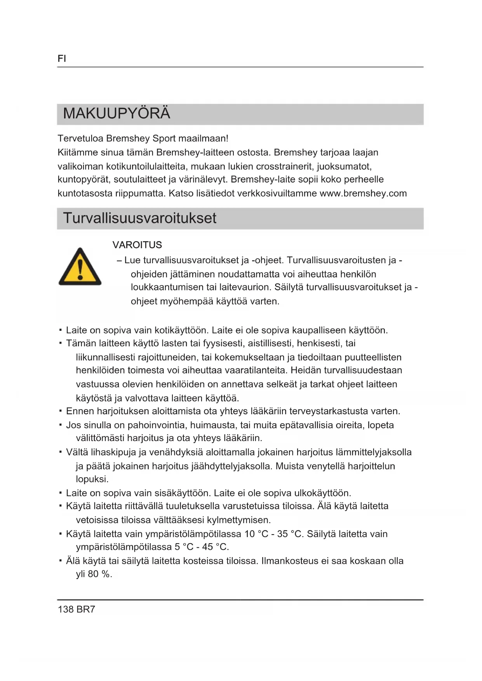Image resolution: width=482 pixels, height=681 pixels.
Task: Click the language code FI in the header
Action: coord(62,59)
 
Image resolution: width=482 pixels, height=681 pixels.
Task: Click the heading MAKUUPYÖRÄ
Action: coord(117,114)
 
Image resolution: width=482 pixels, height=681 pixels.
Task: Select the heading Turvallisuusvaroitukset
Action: coord(139,218)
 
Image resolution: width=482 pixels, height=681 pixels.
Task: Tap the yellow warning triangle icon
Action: coord(80,267)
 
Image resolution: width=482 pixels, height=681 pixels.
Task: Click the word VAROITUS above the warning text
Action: coord(137,245)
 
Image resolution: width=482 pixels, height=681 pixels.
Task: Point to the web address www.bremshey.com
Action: coord(363,193)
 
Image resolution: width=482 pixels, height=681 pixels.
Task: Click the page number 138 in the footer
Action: coord(66,609)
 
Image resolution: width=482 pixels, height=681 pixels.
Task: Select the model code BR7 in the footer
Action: coord(86,609)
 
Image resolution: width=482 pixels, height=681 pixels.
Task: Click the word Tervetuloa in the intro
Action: coord(80,139)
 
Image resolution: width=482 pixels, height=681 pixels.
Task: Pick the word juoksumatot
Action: coord(344,167)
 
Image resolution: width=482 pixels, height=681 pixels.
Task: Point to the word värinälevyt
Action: coord(202,179)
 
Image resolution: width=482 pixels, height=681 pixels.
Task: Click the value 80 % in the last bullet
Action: coord(100,574)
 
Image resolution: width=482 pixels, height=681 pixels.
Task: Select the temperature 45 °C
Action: coord(215,547)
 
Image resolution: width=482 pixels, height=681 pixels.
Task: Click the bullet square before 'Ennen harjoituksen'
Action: coord(61,410)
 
